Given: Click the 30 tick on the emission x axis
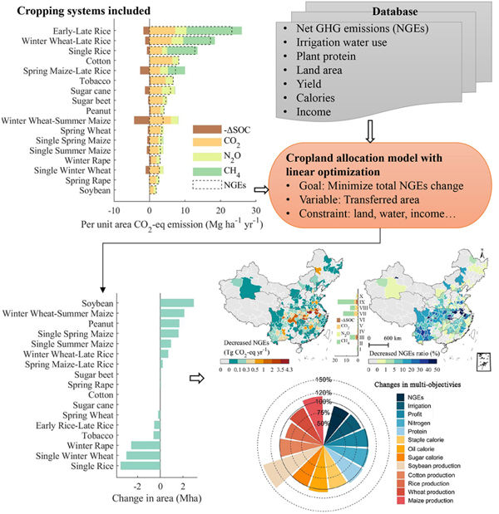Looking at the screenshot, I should click(x=257, y=211).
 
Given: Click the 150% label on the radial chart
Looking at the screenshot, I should click(x=324, y=380).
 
